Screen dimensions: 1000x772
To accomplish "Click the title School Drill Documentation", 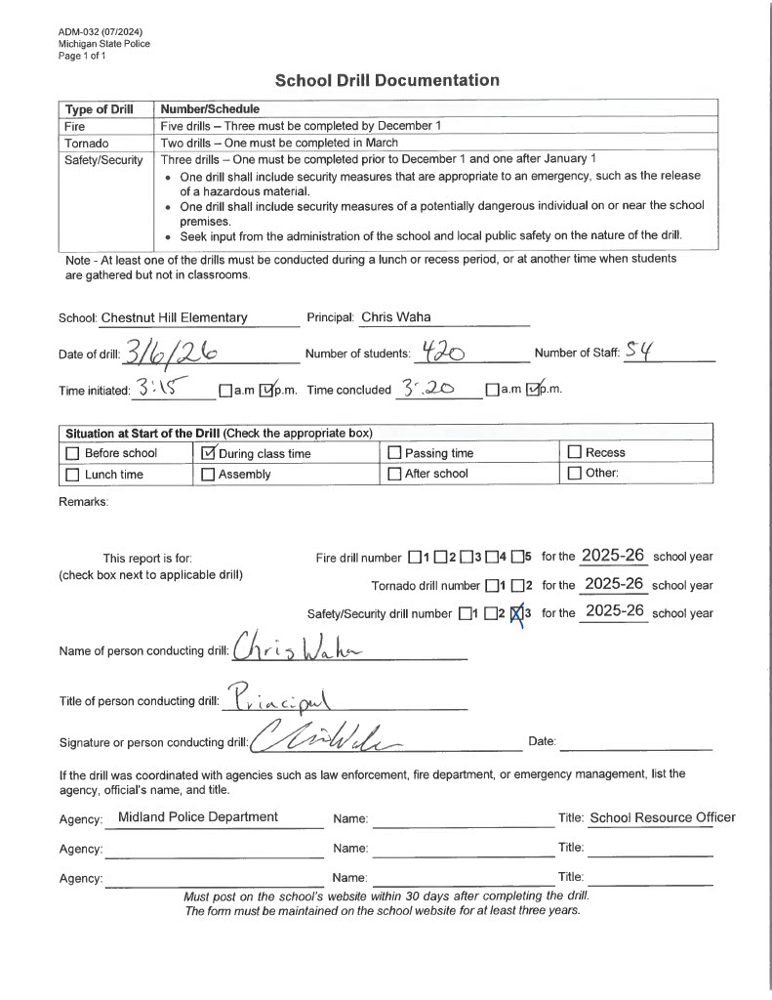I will (386, 80).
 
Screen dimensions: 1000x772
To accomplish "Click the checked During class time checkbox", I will (207, 452).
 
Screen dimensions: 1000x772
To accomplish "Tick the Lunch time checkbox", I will (72, 474).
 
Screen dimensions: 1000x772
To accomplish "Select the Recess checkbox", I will (575, 452).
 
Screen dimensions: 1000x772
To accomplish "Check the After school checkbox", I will (395, 474).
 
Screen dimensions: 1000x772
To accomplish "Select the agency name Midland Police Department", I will (197, 816).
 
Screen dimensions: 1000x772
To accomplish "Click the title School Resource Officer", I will (663, 817).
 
